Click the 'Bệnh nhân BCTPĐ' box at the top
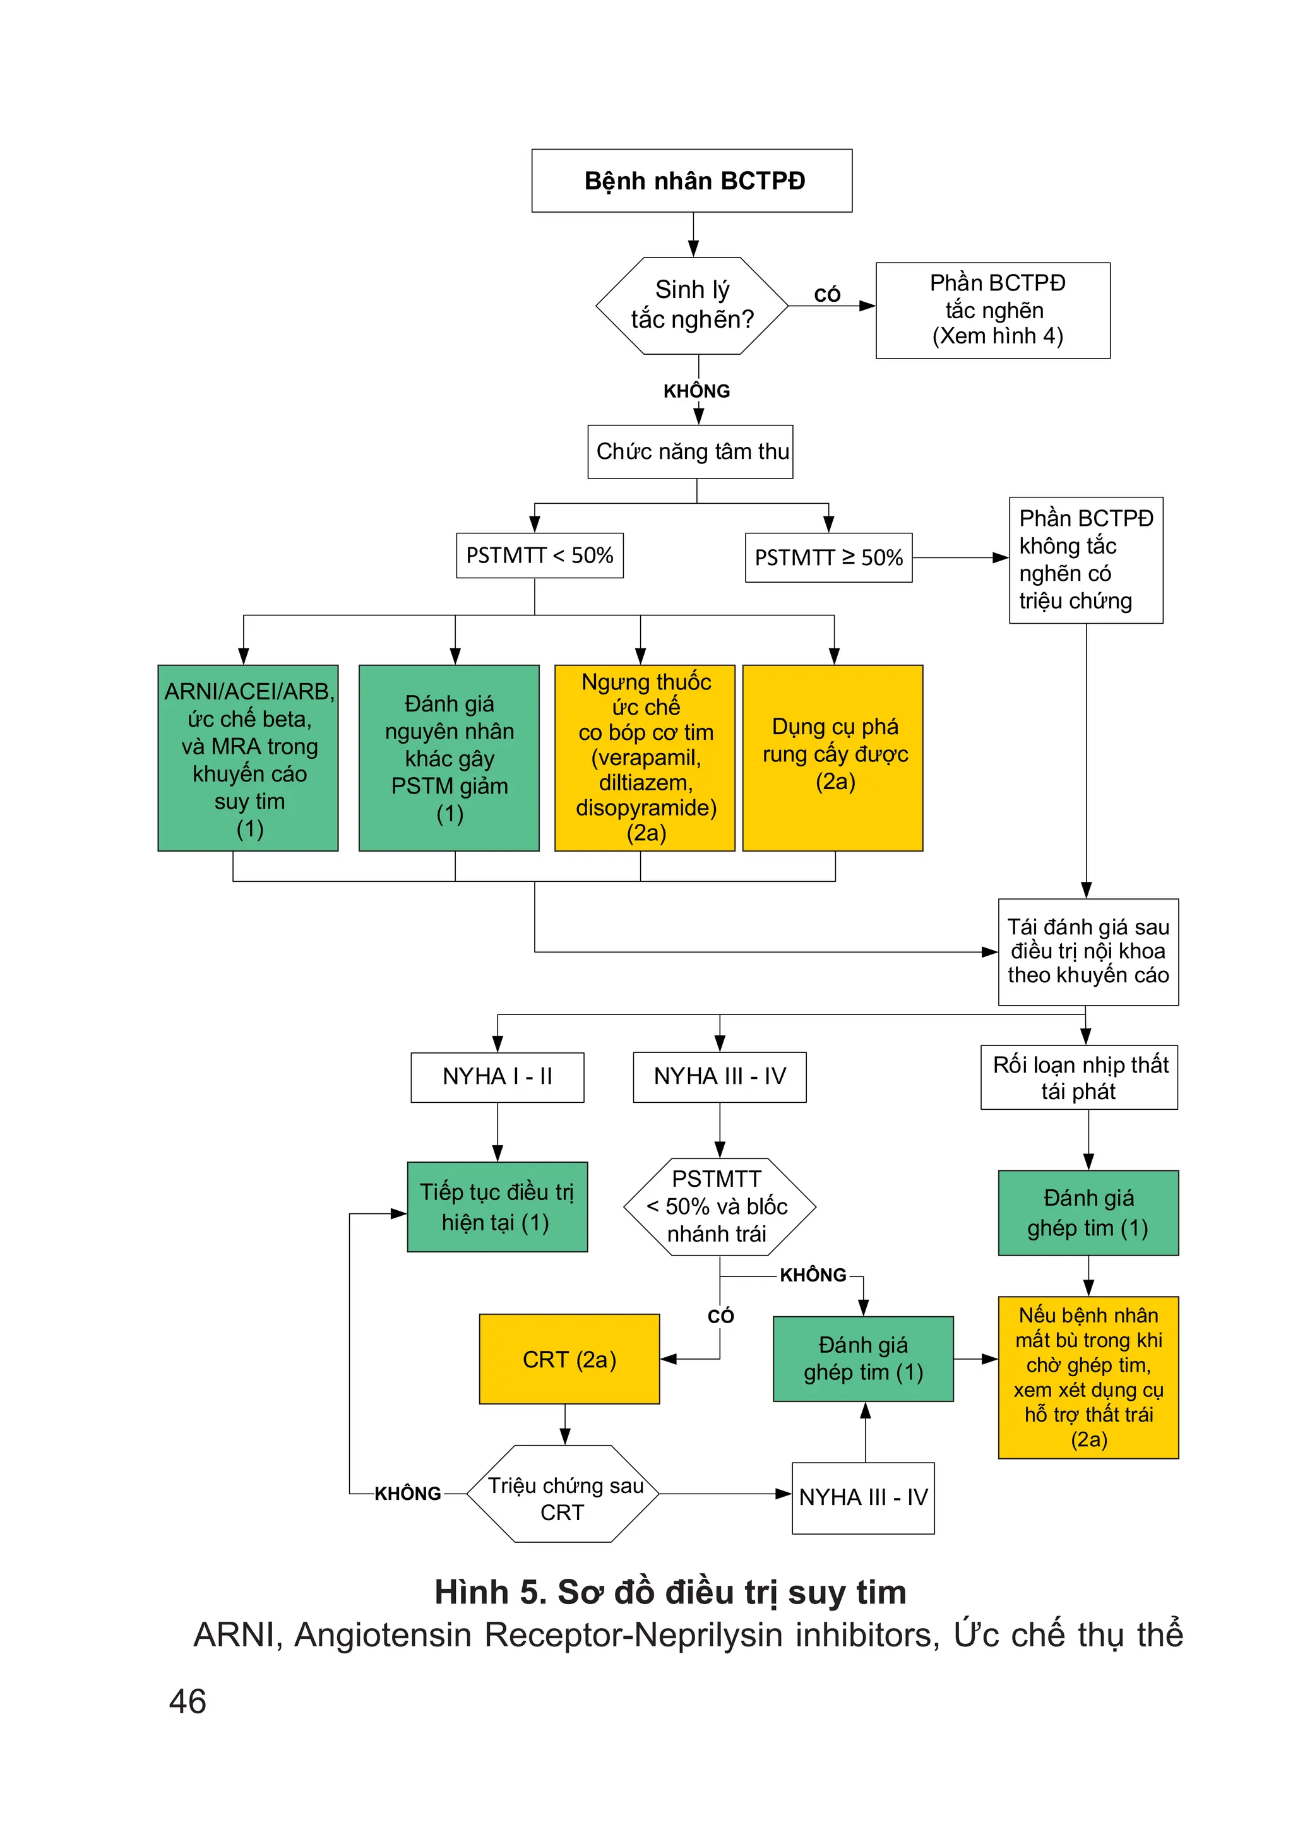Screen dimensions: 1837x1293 click(691, 181)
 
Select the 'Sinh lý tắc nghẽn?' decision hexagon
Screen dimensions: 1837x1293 click(691, 305)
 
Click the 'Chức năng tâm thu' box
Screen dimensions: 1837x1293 click(689, 452)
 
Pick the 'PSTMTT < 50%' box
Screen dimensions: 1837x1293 click(539, 556)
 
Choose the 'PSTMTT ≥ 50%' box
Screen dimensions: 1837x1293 click(828, 557)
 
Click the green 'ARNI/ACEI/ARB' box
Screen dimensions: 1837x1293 click(248, 758)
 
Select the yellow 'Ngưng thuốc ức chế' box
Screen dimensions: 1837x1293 click(644, 758)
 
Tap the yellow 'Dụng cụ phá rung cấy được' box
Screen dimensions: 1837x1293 click(832, 758)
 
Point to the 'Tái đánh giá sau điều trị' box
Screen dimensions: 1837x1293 click(1087, 951)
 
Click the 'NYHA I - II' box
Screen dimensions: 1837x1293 click(497, 1077)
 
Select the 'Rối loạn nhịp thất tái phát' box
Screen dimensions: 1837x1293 click(1078, 1077)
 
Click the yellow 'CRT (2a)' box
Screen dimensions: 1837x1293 click(569, 1358)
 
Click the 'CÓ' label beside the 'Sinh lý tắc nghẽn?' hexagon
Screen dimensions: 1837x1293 click(827, 295)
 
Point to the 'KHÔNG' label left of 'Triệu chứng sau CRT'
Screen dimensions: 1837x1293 click(407, 1494)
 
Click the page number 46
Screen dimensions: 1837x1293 click(188, 1702)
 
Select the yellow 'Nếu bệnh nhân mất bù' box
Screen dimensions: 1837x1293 click(1087, 1377)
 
